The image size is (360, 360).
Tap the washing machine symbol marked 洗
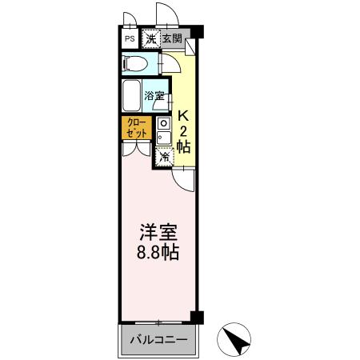(x=150, y=38)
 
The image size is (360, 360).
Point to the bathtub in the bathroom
(x=133, y=96)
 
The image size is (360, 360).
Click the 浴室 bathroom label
(x=155, y=96)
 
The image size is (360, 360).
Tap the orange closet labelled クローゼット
(x=134, y=128)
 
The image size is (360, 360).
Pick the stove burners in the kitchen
(x=163, y=124)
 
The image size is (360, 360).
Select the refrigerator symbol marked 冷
(x=164, y=157)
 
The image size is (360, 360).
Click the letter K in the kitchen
(x=183, y=114)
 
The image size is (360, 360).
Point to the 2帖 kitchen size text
(x=183, y=138)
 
